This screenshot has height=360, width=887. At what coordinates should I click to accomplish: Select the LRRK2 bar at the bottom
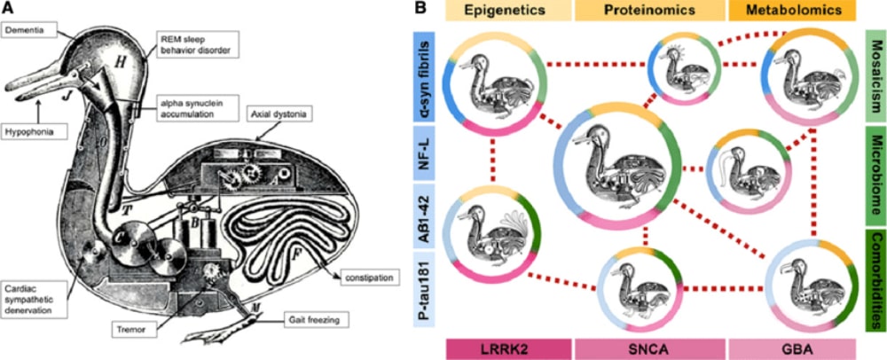(506, 348)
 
